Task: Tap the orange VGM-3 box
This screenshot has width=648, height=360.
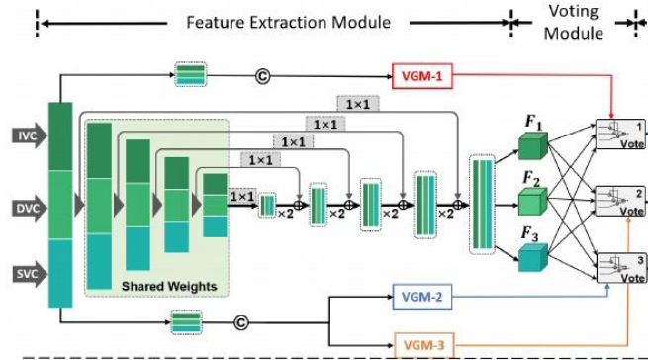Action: pyautogui.click(x=423, y=344)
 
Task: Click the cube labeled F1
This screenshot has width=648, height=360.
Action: pyautogui.click(x=532, y=146)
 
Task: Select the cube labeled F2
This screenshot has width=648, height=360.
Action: pyautogui.click(x=532, y=202)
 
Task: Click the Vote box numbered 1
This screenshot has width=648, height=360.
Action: pyautogui.click(x=618, y=133)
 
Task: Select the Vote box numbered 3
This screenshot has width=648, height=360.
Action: pyautogui.click(x=618, y=268)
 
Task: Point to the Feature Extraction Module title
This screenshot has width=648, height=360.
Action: pyautogui.click(x=288, y=22)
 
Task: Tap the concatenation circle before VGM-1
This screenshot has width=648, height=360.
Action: pyautogui.click(x=262, y=74)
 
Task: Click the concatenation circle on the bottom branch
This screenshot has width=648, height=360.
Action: pyautogui.click(x=240, y=321)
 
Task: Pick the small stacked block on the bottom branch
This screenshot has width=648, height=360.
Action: pyautogui.click(x=185, y=321)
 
